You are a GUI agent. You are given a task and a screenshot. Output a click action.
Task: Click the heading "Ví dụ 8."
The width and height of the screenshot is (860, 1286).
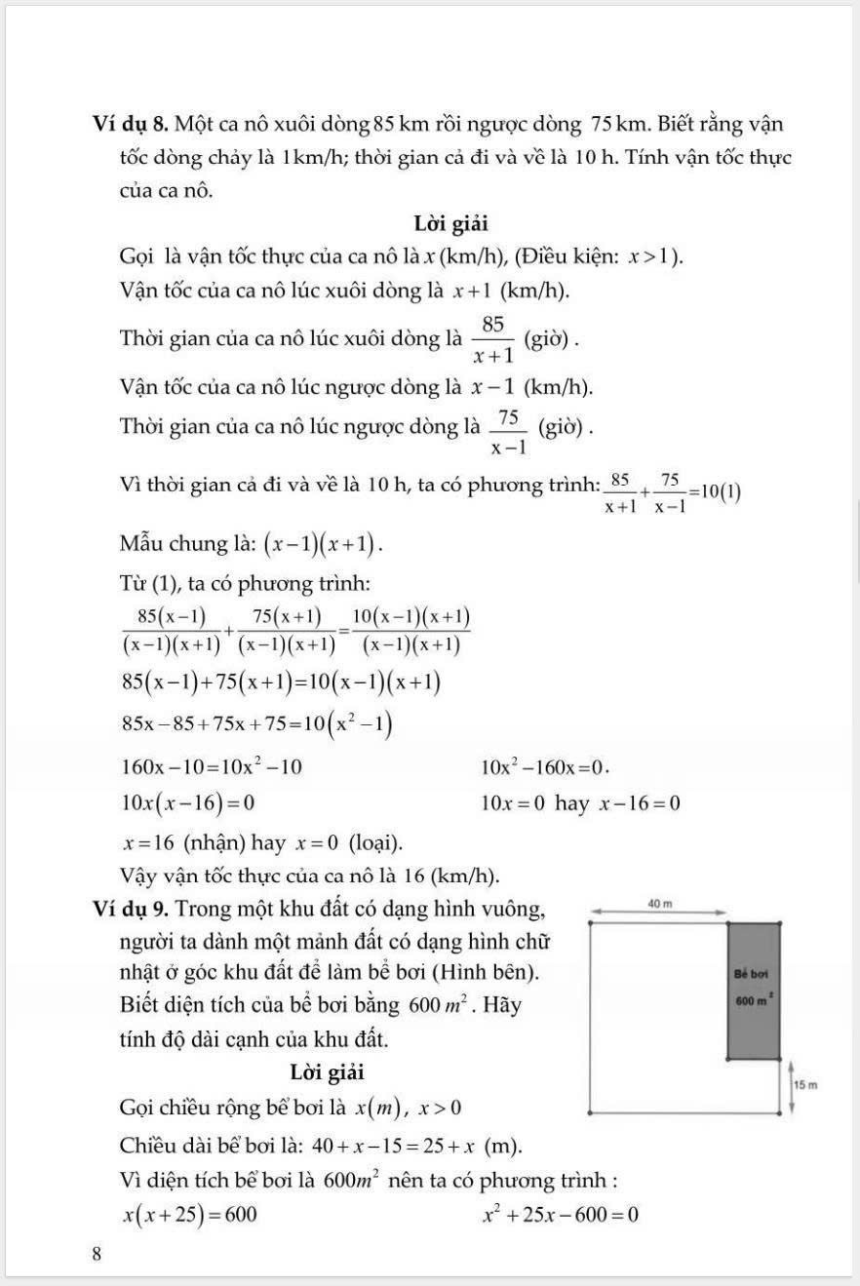click(x=133, y=125)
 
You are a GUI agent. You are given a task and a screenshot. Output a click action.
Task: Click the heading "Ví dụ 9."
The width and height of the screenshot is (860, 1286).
click(x=133, y=909)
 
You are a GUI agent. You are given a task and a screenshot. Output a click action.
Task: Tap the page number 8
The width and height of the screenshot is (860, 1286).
click(x=97, y=1255)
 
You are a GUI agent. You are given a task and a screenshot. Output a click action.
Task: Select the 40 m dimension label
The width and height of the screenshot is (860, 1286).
click(x=660, y=904)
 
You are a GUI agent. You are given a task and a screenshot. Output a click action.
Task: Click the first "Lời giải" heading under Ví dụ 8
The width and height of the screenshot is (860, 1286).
click(x=451, y=224)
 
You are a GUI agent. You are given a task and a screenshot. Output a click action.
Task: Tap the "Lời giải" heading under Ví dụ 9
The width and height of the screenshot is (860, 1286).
click(x=328, y=1072)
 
